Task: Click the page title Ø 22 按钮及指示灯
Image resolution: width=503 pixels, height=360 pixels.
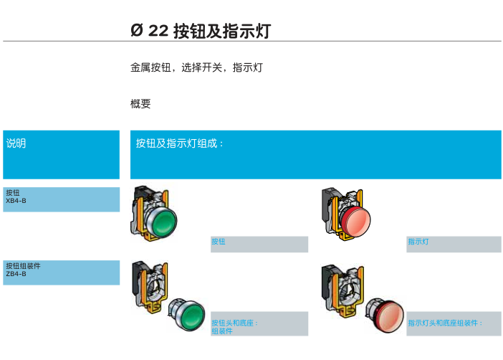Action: tap(201, 31)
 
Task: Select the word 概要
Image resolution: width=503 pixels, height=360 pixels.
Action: tap(140, 104)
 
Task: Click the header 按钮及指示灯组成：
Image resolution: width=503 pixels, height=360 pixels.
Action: tap(180, 143)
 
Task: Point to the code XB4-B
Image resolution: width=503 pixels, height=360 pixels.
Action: tap(16, 201)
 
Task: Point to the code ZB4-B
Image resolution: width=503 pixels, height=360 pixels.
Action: tap(16, 274)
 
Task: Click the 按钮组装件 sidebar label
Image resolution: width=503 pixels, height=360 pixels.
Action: tap(23, 266)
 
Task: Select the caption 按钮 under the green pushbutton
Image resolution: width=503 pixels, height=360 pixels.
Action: tap(218, 242)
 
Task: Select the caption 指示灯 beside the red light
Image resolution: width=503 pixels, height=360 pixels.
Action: tap(418, 242)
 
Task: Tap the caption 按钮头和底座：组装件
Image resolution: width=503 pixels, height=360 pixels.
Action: tap(234, 327)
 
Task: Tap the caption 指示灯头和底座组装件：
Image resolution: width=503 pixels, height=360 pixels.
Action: tap(444, 323)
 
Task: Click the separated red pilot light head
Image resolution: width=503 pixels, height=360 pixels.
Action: tap(385, 316)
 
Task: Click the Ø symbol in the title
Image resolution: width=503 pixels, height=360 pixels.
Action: tap(137, 31)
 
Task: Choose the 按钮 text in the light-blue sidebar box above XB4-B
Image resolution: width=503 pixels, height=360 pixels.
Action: tap(12, 193)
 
